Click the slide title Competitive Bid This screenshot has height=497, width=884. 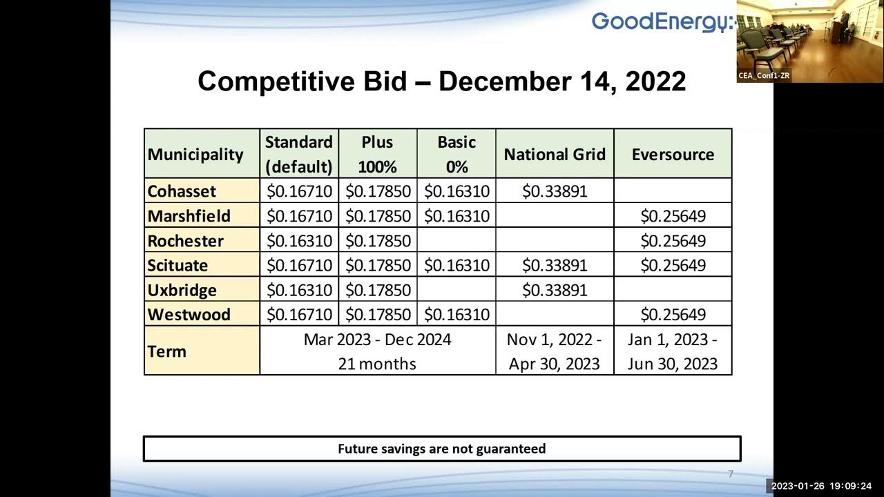click(441, 81)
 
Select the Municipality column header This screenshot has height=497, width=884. click(195, 154)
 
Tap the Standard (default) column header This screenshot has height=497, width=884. click(299, 154)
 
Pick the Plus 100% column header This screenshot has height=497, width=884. click(377, 154)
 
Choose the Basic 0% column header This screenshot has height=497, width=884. click(457, 154)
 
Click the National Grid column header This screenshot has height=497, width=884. click(555, 154)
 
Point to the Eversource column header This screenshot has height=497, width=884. click(673, 154)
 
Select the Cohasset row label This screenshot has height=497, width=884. click(182, 191)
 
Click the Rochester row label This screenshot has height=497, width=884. click(186, 241)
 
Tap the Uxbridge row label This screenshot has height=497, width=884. click(182, 290)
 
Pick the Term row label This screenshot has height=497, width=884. click(167, 351)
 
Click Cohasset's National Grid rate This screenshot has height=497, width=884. click(555, 191)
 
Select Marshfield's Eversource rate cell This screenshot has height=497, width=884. click(673, 216)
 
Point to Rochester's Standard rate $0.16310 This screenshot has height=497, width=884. click(299, 241)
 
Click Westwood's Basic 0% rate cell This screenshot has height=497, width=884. click(457, 315)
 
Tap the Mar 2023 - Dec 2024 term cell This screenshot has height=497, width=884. click(377, 351)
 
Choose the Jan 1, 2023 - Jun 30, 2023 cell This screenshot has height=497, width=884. click(673, 351)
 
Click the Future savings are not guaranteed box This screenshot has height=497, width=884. click(441, 449)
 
